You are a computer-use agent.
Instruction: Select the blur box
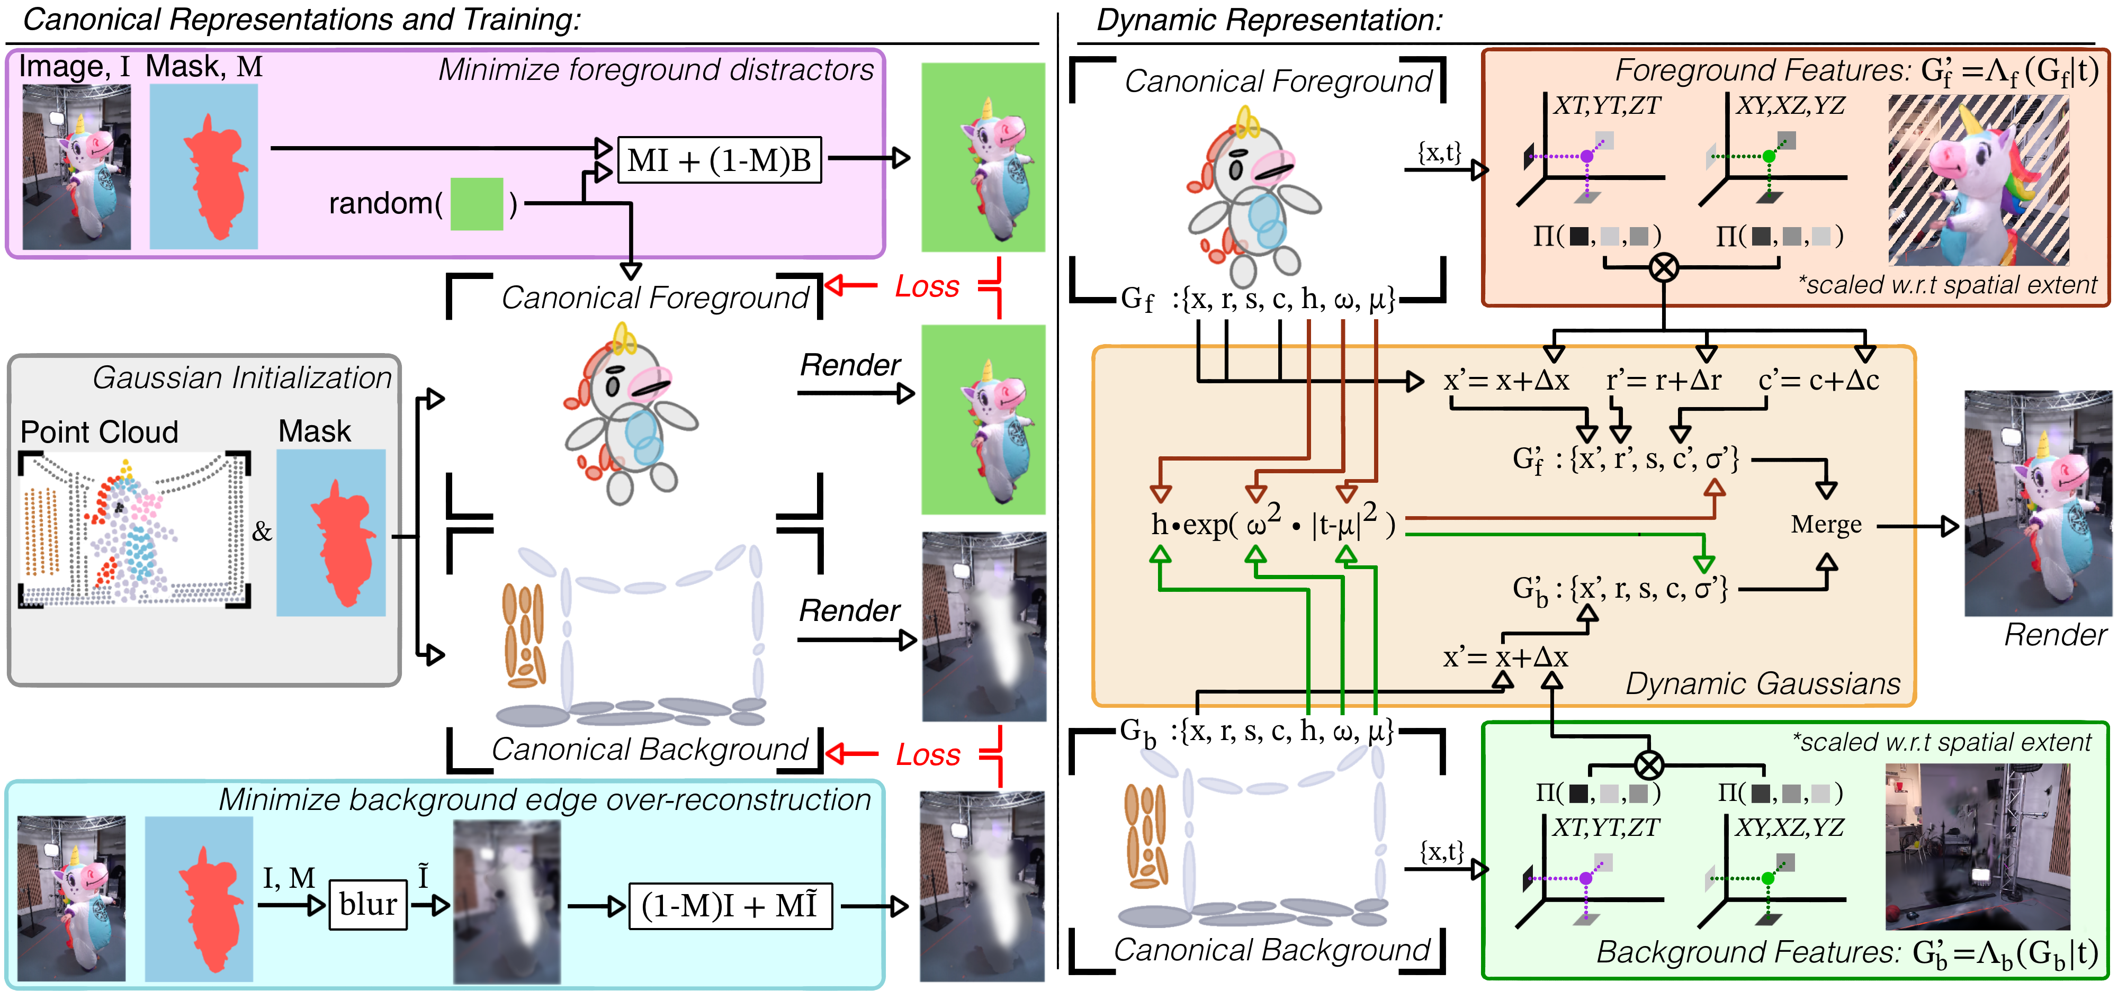tap(367, 905)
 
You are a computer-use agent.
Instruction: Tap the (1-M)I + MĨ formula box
tap(729, 906)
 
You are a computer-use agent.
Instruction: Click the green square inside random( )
tap(477, 204)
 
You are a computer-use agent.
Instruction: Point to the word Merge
tap(1826, 524)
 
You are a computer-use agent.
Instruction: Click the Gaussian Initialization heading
tap(242, 378)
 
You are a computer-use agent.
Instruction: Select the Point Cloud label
tap(98, 432)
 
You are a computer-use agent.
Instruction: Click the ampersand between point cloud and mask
tap(262, 531)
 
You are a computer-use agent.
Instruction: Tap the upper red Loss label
tap(927, 287)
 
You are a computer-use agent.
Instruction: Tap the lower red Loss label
tap(928, 754)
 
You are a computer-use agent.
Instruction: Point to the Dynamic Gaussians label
tap(1762, 683)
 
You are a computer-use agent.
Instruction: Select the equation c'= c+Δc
tap(1818, 381)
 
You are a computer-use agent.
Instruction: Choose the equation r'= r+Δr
tap(1663, 381)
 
